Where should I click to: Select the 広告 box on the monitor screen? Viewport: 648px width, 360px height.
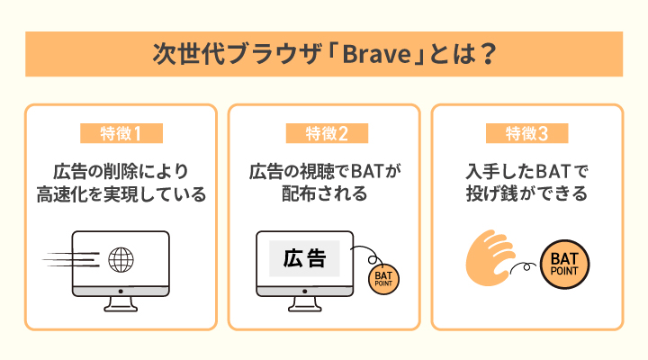tap(304, 259)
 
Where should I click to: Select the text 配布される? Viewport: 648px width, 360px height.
tap(323, 193)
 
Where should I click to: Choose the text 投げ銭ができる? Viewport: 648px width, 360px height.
tap(526, 193)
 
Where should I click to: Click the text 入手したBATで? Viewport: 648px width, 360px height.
tap(526, 170)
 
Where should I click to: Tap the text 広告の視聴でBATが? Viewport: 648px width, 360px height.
tap(323, 170)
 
